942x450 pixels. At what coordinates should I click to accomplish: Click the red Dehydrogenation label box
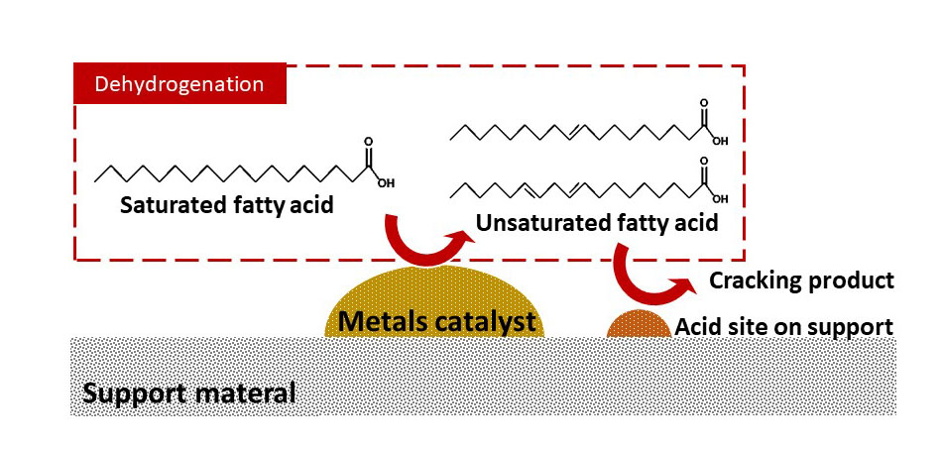point(179,83)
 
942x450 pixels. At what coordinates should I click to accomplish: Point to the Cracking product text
point(801,281)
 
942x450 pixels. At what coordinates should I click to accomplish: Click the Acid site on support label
point(784,326)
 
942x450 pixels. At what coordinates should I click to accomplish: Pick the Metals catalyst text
point(437,321)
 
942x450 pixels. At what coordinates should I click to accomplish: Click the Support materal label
point(188,393)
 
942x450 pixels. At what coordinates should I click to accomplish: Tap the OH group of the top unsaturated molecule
point(720,141)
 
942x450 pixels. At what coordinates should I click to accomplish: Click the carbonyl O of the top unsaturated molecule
point(704,102)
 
